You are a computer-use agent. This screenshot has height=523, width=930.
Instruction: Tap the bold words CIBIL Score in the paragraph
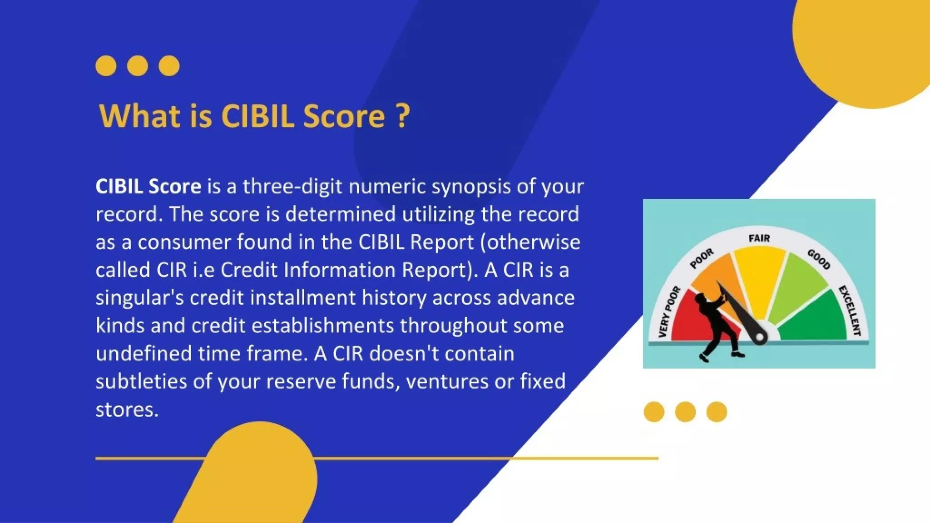[x=148, y=187]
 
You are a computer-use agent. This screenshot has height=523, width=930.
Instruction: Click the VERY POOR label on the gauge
[x=669, y=312]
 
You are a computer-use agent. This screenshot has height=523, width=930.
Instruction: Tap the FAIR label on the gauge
[x=759, y=238]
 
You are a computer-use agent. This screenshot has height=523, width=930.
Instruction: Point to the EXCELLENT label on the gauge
[x=850, y=311]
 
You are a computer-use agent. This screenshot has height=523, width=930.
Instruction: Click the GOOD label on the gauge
[x=819, y=259]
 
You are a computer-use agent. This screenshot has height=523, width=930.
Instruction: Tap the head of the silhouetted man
[x=700, y=299]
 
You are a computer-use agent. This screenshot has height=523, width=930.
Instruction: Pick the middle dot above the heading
[x=138, y=66]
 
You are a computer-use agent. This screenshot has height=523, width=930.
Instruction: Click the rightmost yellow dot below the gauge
[x=717, y=412]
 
